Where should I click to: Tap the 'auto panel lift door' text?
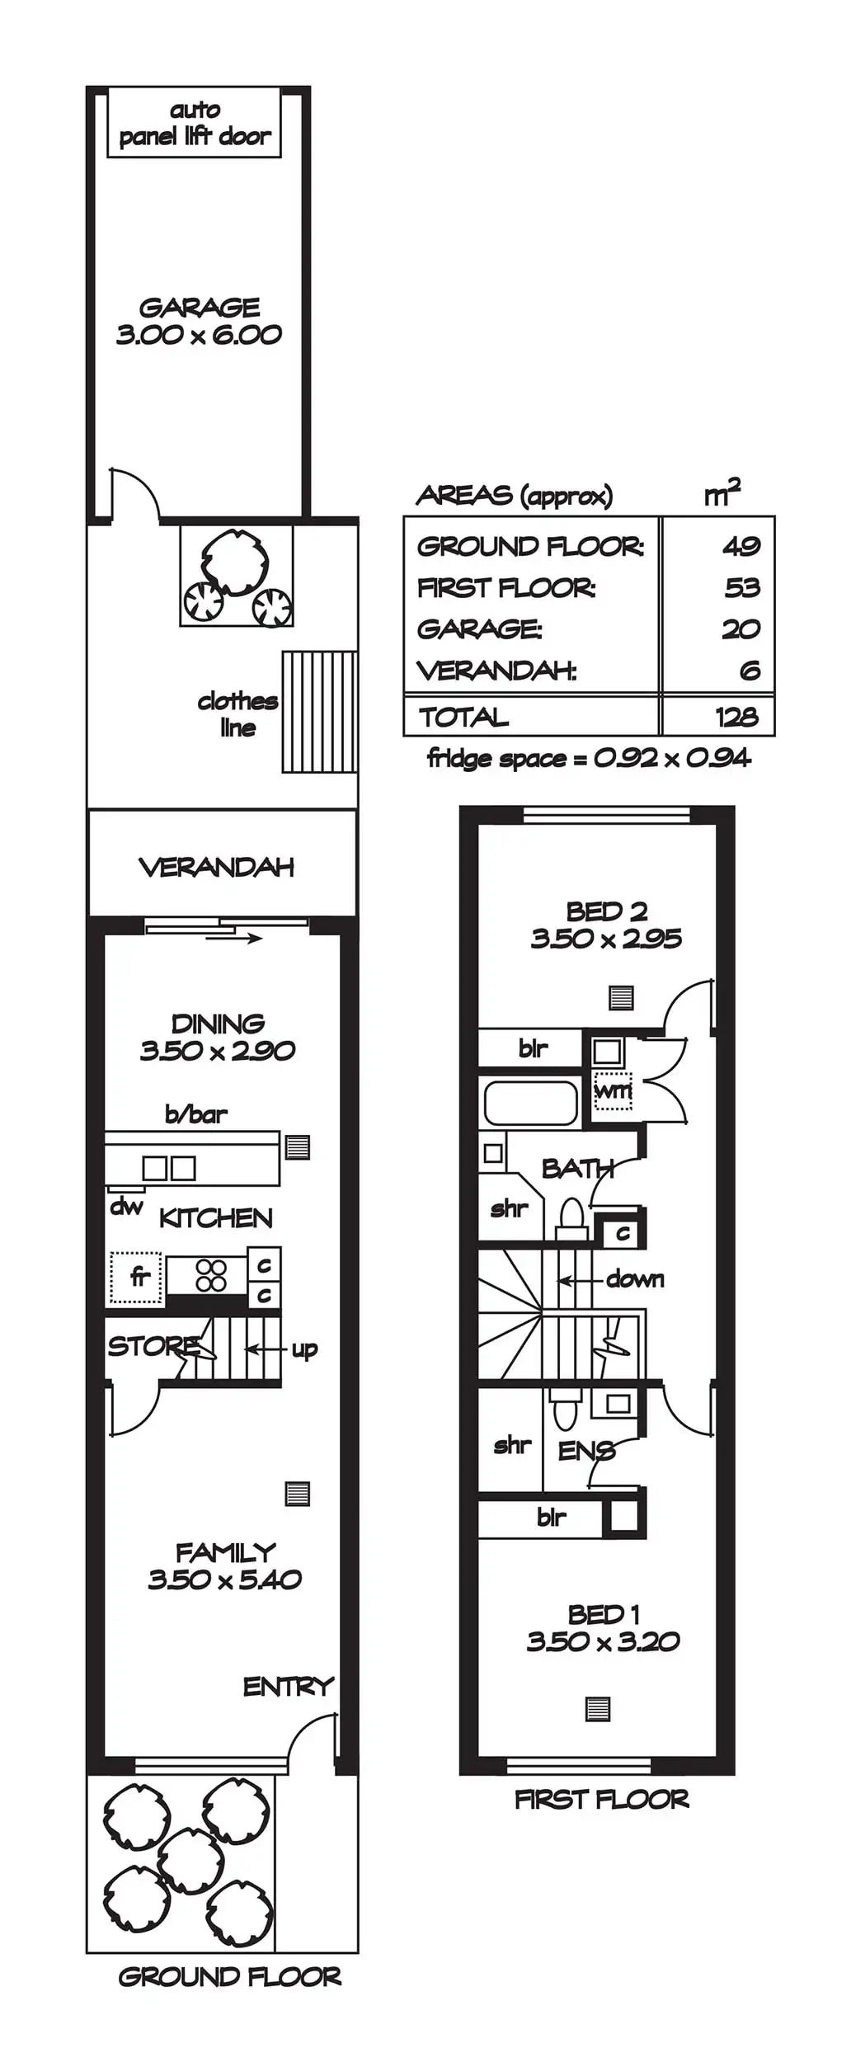tap(195, 124)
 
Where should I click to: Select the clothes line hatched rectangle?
tap(320, 712)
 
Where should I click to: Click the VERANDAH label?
tap(216, 867)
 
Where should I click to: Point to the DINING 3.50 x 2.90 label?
tap(218, 1037)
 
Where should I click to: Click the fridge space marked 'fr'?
tap(136, 1278)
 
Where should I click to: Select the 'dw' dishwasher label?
tap(126, 1208)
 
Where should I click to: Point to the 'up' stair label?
tap(304, 1350)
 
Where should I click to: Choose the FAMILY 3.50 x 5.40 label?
tap(225, 1566)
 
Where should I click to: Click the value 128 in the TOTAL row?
tap(737, 717)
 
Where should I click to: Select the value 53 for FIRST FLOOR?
tap(742, 587)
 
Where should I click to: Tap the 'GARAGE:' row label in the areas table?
tap(479, 629)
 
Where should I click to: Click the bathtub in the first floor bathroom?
tap(530, 1103)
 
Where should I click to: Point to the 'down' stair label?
tap(635, 1279)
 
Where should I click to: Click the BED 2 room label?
tap(607, 925)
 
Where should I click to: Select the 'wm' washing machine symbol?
tap(613, 1090)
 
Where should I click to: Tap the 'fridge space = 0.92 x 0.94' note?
tap(589, 758)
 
